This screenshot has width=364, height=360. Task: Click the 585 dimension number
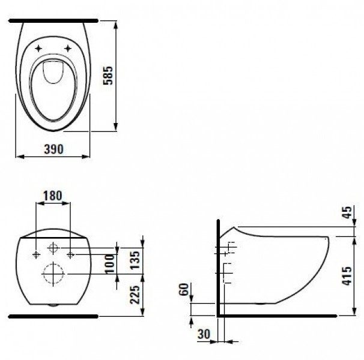(x=108, y=76)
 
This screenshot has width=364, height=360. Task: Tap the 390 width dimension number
(x=53, y=149)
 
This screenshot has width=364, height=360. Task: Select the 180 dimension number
(x=53, y=196)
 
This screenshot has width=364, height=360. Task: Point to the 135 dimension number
(x=135, y=260)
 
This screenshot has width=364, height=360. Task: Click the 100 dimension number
(x=110, y=264)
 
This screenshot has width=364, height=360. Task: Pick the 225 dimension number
(x=135, y=295)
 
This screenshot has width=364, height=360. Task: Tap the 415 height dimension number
(x=347, y=276)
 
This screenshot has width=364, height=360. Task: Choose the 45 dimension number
(x=347, y=212)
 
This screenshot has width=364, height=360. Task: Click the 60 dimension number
(x=184, y=289)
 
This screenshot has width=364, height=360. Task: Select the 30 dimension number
(x=204, y=334)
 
